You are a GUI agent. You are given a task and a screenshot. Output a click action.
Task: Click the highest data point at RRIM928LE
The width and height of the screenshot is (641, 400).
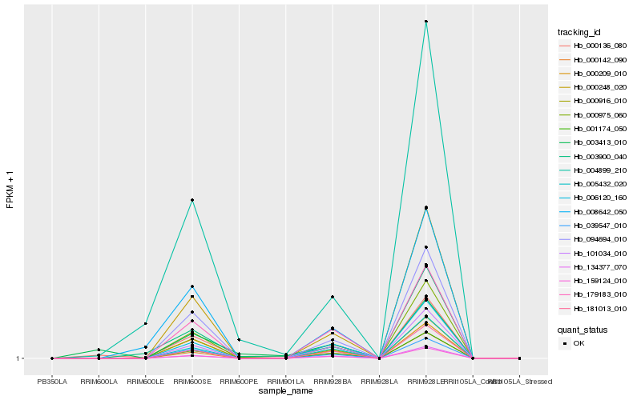tap(426, 22)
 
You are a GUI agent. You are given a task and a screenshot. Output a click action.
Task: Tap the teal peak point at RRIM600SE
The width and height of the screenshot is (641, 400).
tap(192, 199)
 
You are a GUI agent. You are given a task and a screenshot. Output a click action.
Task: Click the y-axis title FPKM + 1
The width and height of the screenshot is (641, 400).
tap(10, 189)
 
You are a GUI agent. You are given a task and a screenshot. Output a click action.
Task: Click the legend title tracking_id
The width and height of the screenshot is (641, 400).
tap(580, 32)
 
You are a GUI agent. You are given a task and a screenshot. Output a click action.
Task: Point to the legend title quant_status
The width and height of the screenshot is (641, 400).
tap(583, 329)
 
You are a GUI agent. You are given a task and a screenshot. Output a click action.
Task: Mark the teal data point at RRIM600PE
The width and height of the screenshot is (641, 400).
tap(239, 340)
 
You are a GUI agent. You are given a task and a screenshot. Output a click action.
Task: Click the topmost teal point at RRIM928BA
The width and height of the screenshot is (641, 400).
tap(333, 297)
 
